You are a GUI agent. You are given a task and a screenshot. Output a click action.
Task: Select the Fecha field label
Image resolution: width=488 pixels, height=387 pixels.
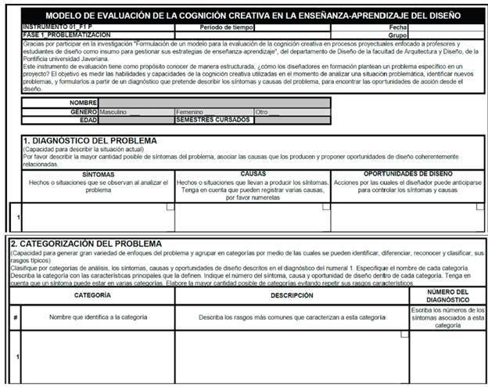398,27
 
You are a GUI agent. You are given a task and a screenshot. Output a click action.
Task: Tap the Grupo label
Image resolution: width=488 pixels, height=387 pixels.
397,34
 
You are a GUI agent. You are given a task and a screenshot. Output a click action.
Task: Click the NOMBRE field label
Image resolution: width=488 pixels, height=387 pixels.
83,103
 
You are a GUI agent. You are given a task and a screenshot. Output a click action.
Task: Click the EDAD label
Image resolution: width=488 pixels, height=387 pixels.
87,120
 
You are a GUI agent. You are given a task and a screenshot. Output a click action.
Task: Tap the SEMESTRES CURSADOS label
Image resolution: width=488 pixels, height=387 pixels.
213,120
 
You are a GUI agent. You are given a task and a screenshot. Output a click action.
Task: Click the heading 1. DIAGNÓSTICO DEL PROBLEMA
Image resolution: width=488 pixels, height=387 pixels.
90,140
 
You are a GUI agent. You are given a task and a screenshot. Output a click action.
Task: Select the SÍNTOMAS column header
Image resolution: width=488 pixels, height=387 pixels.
98,174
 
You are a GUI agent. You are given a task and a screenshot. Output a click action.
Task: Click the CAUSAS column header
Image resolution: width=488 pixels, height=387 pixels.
252,174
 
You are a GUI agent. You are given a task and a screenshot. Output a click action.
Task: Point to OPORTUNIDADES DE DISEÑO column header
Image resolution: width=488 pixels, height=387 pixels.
407,173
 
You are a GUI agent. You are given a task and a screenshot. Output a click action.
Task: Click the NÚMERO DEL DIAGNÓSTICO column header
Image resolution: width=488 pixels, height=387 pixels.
447,296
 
